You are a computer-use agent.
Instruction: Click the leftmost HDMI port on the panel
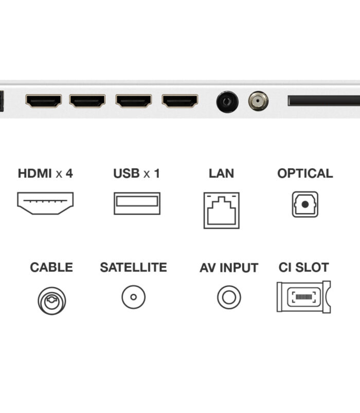coord(44,101)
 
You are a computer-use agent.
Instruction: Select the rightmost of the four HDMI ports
coord(180,101)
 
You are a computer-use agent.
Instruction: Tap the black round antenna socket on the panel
coord(227,102)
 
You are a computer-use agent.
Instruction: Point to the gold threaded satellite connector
coord(259,101)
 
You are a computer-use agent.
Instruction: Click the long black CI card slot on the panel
coord(324,101)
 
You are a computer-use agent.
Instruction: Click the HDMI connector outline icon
coord(45,203)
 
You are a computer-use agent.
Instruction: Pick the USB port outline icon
coord(137,203)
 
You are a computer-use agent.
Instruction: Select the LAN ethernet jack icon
coord(222,211)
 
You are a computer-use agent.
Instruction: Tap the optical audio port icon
coord(305,204)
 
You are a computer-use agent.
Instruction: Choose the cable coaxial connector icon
coord(52,301)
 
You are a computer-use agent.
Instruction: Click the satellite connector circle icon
coord(133,297)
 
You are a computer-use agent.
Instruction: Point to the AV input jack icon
coord(229,297)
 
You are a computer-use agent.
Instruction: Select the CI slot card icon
coord(304,297)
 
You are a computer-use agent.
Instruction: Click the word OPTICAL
coord(305,173)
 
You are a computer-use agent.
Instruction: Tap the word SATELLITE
coord(133,267)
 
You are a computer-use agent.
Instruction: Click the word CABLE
coord(51,267)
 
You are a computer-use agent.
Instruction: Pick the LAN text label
coord(222,173)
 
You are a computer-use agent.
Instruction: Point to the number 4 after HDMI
coord(69,173)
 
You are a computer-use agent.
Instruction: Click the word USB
coord(127,173)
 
